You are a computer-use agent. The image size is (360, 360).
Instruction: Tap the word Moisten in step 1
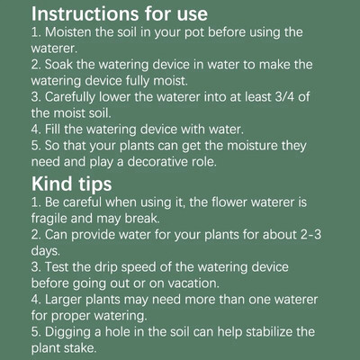pyautogui.click(x=68, y=32)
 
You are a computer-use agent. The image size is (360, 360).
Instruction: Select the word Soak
pyautogui.click(x=59, y=65)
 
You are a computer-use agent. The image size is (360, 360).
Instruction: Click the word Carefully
pyautogui.click(x=70, y=97)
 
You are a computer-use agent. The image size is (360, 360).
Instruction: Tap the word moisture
pyautogui.click(x=252, y=146)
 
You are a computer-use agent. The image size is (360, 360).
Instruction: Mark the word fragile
pyautogui.click(x=49, y=219)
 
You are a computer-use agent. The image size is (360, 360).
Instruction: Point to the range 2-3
pyautogui.click(x=310, y=234)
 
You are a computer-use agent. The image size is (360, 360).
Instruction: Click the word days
pyautogui.click(x=46, y=251)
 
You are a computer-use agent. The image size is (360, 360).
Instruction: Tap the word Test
pyautogui.click(x=57, y=266)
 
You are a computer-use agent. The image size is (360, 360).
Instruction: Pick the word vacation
pyautogui.click(x=193, y=283)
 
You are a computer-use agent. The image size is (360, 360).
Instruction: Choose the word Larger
pyautogui.click(x=63, y=300)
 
